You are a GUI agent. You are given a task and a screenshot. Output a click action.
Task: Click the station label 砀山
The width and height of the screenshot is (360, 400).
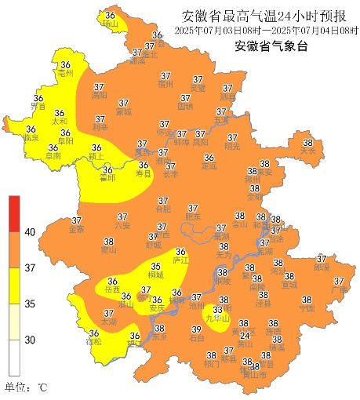(110, 24)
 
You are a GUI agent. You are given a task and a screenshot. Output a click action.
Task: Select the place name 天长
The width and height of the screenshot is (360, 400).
(307, 151)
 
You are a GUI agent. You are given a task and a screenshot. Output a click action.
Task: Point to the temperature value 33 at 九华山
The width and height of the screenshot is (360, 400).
(217, 310)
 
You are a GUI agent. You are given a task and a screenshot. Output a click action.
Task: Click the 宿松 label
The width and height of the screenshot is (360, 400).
(94, 342)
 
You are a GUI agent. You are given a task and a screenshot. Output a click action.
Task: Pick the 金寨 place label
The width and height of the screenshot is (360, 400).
(77, 229)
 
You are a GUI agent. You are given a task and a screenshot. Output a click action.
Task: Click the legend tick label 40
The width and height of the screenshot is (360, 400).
(30, 232)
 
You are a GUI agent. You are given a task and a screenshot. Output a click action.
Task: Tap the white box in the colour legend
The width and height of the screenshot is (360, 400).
(13, 358)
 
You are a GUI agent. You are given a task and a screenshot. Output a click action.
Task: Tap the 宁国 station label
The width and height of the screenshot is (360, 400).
(307, 308)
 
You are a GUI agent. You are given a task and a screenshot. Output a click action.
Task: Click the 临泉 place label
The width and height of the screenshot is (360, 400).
(31, 138)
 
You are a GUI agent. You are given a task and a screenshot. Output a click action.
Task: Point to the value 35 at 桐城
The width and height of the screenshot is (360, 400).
(156, 267)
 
